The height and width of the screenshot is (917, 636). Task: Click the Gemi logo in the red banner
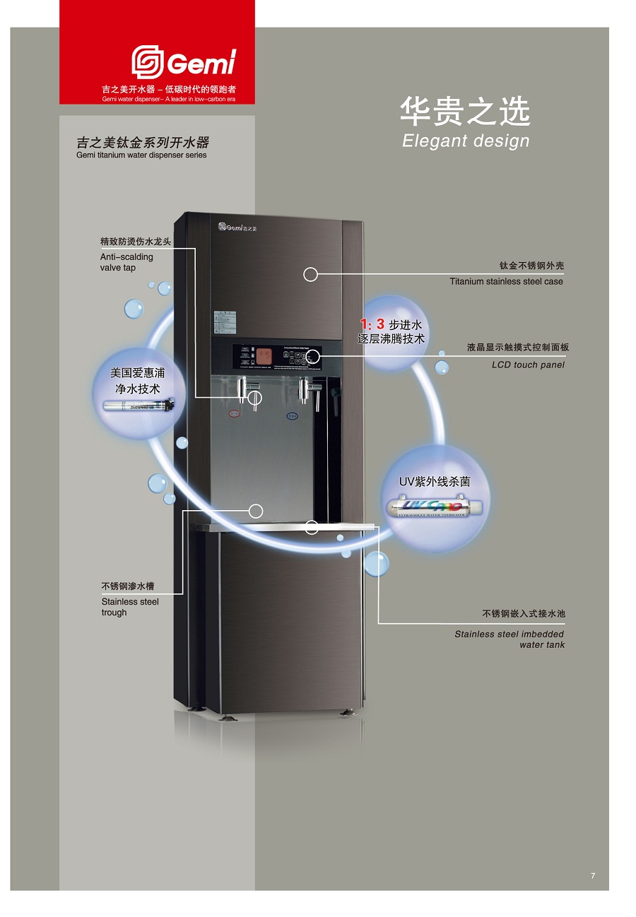(183, 63)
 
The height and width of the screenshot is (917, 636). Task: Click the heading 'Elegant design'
(466, 141)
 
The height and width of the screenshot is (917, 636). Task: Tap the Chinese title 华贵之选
(465, 112)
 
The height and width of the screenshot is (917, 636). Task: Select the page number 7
(593, 876)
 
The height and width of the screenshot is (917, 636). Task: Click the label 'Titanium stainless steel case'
(506, 281)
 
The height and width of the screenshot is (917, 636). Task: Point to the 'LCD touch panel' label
(528, 365)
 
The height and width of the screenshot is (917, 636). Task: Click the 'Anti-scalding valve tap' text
(126, 262)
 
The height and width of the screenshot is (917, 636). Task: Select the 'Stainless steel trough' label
(130, 607)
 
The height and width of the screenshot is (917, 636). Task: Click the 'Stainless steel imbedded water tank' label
(510, 639)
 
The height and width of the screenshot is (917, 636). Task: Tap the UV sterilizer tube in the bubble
(435, 507)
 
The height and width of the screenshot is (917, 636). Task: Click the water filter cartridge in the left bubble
(138, 406)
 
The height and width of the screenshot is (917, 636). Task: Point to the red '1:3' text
(372, 324)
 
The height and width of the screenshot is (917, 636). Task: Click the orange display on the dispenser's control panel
(264, 356)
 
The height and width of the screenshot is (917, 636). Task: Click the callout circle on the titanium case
(310, 275)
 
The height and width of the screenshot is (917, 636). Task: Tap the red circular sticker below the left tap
(235, 415)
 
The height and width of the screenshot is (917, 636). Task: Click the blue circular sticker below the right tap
(292, 416)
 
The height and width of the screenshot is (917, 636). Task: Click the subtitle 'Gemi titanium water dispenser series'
(141, 155)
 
